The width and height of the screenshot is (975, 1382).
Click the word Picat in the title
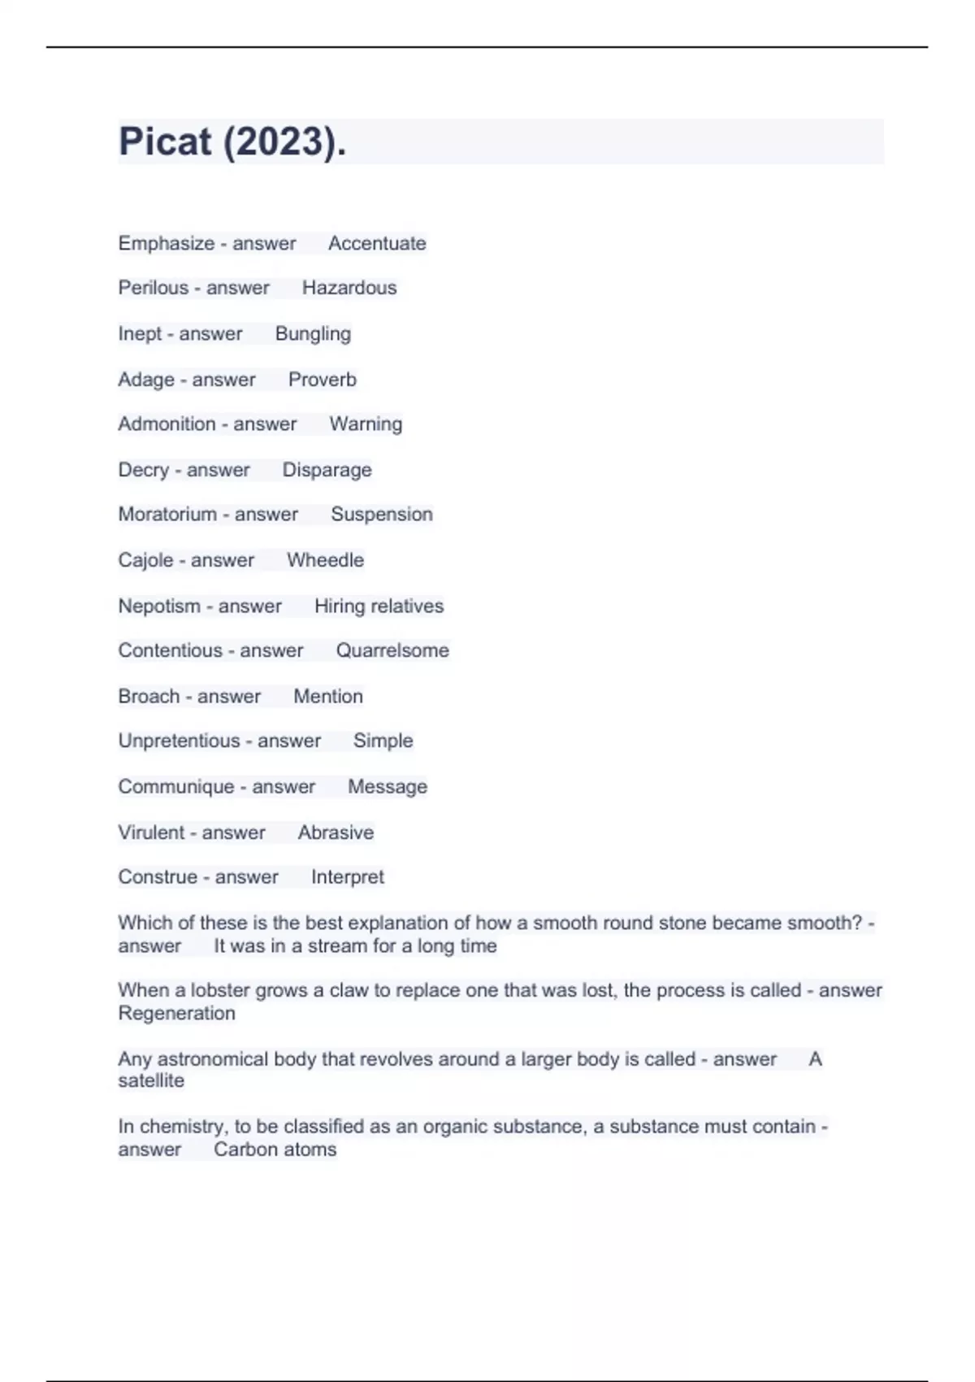coord(165,141)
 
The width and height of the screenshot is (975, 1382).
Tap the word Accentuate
coord(377,243)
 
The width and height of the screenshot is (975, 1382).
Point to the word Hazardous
coord(349,288)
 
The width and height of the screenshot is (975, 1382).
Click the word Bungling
coord(313,334)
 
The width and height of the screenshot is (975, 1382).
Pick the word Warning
coord(366,424)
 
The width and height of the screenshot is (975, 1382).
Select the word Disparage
coord(327,470)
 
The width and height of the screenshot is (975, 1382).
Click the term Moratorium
coord(167,515)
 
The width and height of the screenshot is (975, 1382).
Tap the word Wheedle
coord(325,560)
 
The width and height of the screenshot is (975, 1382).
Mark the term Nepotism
coord(159,606)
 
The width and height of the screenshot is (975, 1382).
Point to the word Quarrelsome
coord(392,650)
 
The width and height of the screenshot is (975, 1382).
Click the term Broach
coord(149,696)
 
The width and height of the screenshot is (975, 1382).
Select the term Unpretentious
coord(179,741)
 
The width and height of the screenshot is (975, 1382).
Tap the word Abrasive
coord(336,832)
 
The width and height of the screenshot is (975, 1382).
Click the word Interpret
coord(347,877)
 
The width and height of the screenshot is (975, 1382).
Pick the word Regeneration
coord(176,1013)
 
